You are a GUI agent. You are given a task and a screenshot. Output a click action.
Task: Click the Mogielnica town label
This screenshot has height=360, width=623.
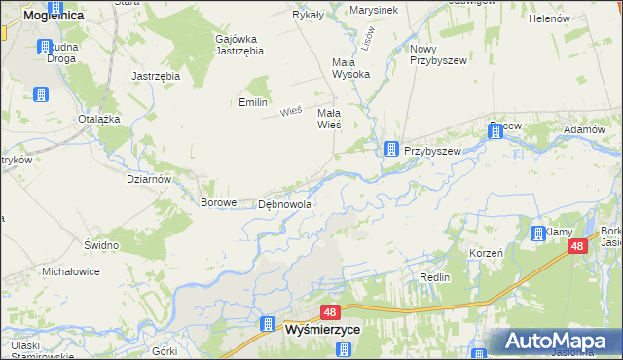(41, 16)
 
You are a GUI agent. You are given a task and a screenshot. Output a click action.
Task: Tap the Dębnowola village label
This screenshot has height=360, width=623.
(284, 205)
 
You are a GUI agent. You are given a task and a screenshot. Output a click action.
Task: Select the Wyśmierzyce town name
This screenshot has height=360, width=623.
(323, 331)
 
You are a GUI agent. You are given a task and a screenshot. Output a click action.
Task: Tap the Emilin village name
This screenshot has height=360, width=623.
(253, 102)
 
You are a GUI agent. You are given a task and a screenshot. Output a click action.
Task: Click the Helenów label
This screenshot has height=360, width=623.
(548, 18)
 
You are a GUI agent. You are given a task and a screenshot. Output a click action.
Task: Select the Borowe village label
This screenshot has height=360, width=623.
(218, 203)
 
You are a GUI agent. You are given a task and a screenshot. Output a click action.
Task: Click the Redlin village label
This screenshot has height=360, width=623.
(434, 277)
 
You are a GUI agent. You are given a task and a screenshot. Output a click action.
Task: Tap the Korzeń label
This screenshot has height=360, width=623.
(485, 252)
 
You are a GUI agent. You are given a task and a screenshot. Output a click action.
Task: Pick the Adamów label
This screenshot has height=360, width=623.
(584, 129)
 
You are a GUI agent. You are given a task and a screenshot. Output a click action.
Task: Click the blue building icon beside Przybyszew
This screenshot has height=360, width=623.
(390, 150)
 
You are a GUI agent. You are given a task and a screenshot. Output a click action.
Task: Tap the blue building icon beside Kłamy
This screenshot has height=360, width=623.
(538, 233)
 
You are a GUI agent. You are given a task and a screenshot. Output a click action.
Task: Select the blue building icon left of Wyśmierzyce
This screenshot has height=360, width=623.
(267, 324)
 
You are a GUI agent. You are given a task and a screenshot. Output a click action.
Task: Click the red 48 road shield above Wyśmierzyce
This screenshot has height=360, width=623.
(330, 312)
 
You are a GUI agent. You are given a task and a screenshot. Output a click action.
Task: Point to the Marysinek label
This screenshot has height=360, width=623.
(374, 10)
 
